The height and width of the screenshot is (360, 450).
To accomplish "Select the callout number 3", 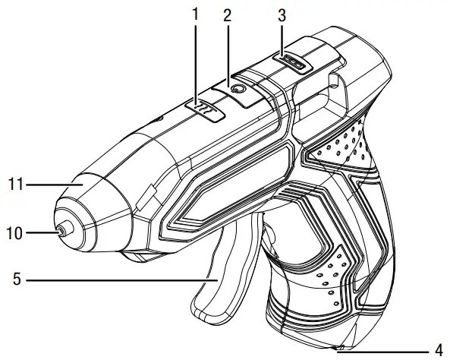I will [x=281, y=14].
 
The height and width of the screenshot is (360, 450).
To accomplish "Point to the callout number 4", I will [x=439, y=350].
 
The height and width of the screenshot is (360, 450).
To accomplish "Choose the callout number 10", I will [x=14, y=233].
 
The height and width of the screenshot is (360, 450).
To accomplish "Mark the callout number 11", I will [x=14, y=183].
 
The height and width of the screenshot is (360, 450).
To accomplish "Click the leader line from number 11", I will [x=53, y=183].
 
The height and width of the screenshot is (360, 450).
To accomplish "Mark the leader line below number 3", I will [x=281, y=38].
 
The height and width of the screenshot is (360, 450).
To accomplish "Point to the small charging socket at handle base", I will [x=339, y=349].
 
